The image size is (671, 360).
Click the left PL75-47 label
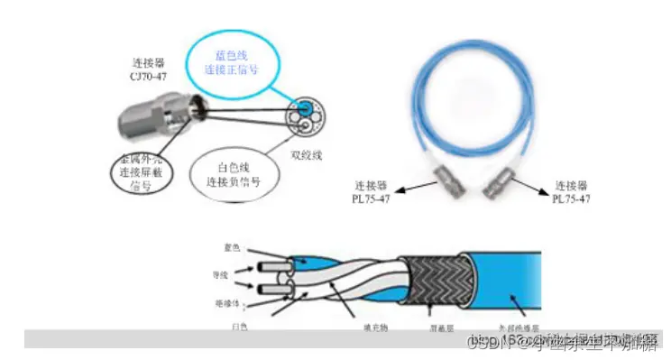pos(382,191)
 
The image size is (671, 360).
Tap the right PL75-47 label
pos(577,191)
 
